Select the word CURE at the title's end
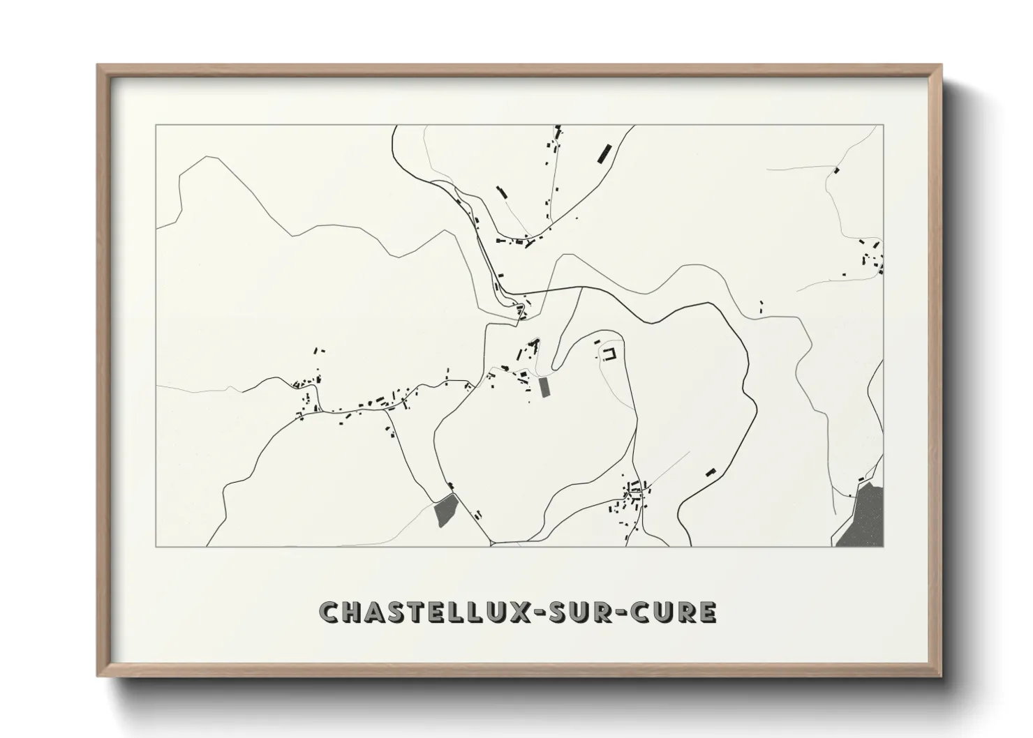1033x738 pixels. [681, 612]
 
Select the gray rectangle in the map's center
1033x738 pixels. [544, 387]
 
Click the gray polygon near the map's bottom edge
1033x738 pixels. [445, 510]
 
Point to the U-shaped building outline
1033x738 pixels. [611, 353]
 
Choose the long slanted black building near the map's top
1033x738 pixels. [604, 152]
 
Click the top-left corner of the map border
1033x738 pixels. [156, 126]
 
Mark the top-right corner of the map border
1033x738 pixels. [883, 126]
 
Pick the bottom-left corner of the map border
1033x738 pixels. [156, 546]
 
